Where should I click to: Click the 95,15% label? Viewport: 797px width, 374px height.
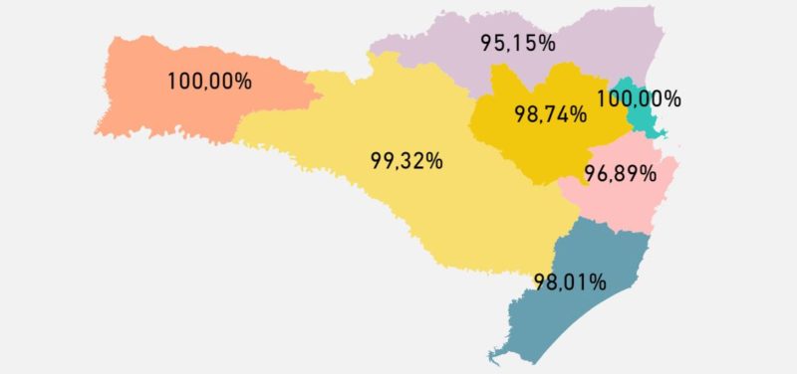click(517, 44)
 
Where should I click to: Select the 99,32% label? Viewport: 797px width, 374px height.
click(406, 161)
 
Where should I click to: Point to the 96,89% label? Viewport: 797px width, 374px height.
click(621, 174)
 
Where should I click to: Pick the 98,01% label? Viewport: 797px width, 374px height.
click(570, 281)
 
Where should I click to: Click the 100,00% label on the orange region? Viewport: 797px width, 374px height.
click(209, 82)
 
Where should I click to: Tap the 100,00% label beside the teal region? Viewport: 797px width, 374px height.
click(639, 99)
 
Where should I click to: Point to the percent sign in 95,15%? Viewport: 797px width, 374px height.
click(546, 44)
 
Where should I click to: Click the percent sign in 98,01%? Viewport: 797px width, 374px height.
click(598, 281)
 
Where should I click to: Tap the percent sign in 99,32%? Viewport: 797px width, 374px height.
click(433, 161)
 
